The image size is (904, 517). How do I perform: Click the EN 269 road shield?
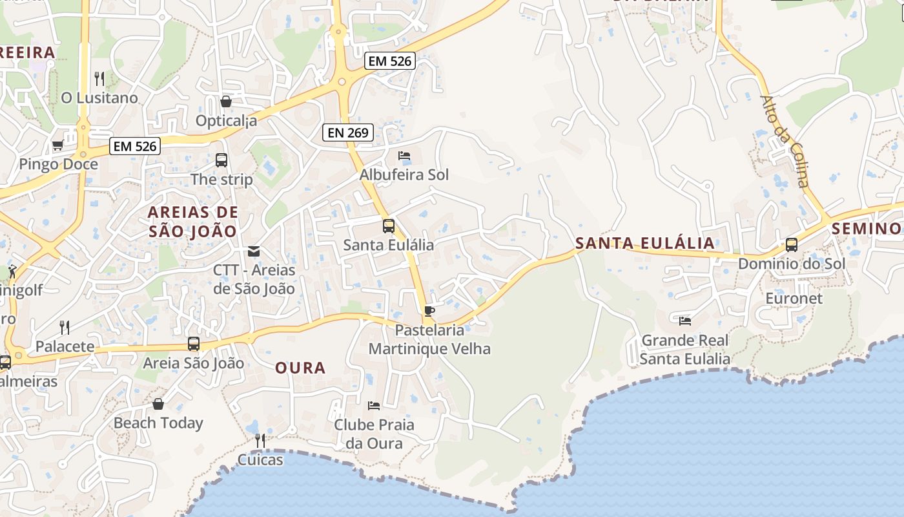pyautogui.click(x=348, y=133)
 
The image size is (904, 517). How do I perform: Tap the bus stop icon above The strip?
pyautogui.click(x=221, y=160)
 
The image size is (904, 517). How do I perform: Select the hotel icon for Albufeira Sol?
pyautogui.click(x=404, y=155)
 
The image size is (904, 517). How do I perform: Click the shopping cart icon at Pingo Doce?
pyautogui.click(x=57, y=145)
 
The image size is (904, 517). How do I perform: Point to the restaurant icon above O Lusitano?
pyautogui.click(x=99, y=79)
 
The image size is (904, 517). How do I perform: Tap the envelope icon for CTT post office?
pyautogui.click(x=254, y=251)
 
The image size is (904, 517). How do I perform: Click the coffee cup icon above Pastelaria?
pyautogui.click(x=429, y=311)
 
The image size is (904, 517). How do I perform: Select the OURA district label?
pyautogui.click(x=300, y=368)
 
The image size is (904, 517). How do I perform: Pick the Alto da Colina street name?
pyautogui.click(x=785, y=142)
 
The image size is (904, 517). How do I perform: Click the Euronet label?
pyautogui.click(x=794, y=299)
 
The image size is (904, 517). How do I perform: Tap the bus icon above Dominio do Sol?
pyautogui.click(x=792, y=245)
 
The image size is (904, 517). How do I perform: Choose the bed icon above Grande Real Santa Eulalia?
pyautogui.click(x=685, y=320)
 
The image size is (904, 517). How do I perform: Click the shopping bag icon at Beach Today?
pyautogui.click(x=158, y=405)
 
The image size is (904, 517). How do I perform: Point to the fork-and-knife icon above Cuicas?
pyautogui.click(x=260, y=441)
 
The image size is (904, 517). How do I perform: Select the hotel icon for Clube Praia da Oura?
pyautogui.click(x=374, y=406)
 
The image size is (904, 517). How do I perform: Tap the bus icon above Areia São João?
pyautogui.click(x=194, y=344)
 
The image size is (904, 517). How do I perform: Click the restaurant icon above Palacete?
pyautogui.click(x=65, y=328)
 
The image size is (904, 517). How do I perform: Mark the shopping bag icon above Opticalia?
pyautogui.click(x=226, y=101)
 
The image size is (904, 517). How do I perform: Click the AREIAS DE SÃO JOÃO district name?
pyautogui.click(x=193, y=221)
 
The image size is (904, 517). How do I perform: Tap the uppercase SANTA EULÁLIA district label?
pyautogui.click(x=645, y=244)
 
